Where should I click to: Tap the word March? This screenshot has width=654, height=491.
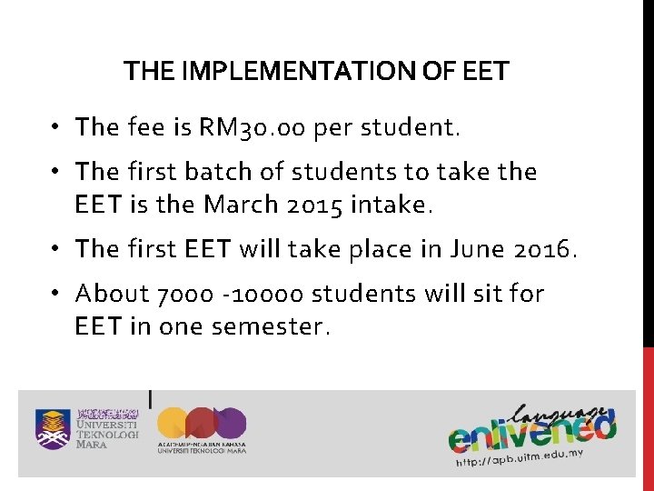click(x=241, y=204)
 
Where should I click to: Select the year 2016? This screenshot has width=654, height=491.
click(x=545, y=248)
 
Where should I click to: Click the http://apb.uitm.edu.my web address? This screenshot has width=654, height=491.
click(x=519, y=456)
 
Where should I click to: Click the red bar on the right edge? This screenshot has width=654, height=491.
click(x=649, y=418)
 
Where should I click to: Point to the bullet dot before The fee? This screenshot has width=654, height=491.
click(x=56, y=127)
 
